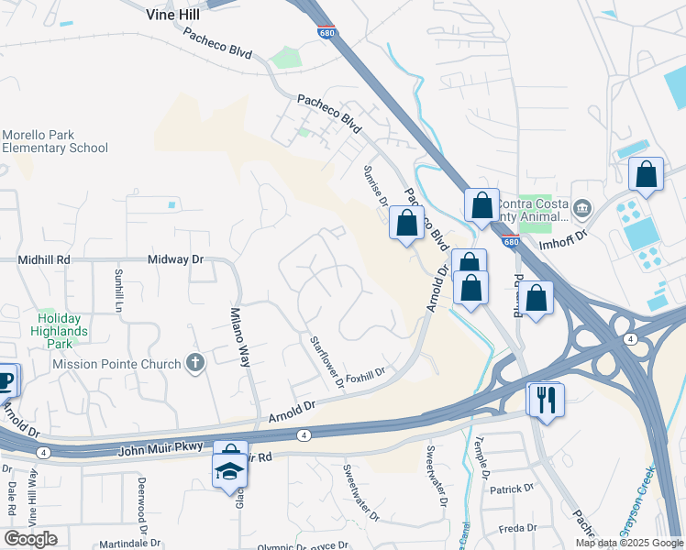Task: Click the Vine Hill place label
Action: pos(177,15)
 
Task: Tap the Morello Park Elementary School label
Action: pos(54,141)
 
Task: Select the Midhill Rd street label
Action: pos(44,260)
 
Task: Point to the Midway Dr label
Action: pos(175,260)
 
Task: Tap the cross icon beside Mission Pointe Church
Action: pos(194,364)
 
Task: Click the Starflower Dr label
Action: pos(326,361)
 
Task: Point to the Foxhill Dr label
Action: pos(365,376)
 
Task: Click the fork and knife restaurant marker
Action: pos(547,399)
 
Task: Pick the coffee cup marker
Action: pos(5,379)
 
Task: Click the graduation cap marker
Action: pos(228,472)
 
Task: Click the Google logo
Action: pos(30,539)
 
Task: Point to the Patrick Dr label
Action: pos(511,490)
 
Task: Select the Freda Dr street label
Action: pos(517,529)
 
